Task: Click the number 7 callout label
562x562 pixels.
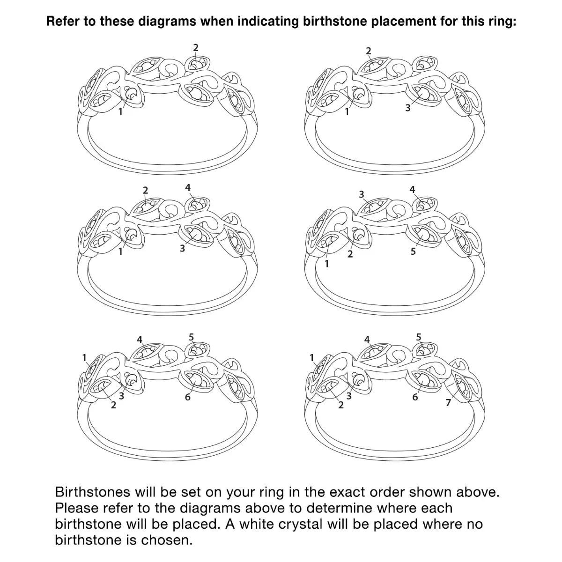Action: tap(449, 402)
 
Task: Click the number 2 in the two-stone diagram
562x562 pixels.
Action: tap(196, 48)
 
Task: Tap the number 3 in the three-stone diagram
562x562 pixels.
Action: tap(408, 108)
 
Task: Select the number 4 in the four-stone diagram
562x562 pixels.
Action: tap(188, 187)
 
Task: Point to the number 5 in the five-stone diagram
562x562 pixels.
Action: tap(413, 251)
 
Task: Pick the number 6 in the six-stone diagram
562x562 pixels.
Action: tap(187, 397)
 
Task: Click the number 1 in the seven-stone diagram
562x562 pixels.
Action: tap(312, 357)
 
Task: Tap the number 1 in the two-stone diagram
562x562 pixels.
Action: tap(120, 111)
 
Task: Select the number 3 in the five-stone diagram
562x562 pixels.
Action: tap(362, 194)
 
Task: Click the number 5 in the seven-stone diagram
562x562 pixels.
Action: tap(419, 337)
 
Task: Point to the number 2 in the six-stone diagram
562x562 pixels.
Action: tap(113, 405)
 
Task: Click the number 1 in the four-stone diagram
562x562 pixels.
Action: tap(120, 251)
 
